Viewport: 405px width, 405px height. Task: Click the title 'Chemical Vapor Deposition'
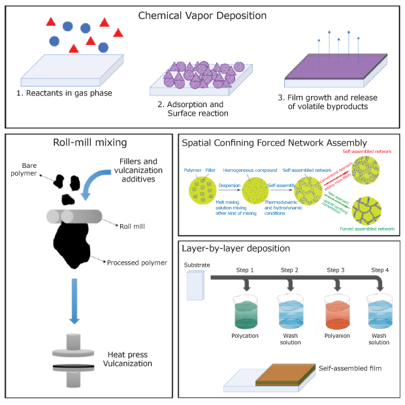pyautogui.click(x=202, y=14)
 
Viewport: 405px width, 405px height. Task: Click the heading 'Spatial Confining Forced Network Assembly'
pyautogui.click(x=274, y=143)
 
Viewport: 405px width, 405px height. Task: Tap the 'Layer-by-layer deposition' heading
pyautogui.click(x=237, y=249)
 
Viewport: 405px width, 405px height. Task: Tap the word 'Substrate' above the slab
pyautogui.click(x=198, y=265)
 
